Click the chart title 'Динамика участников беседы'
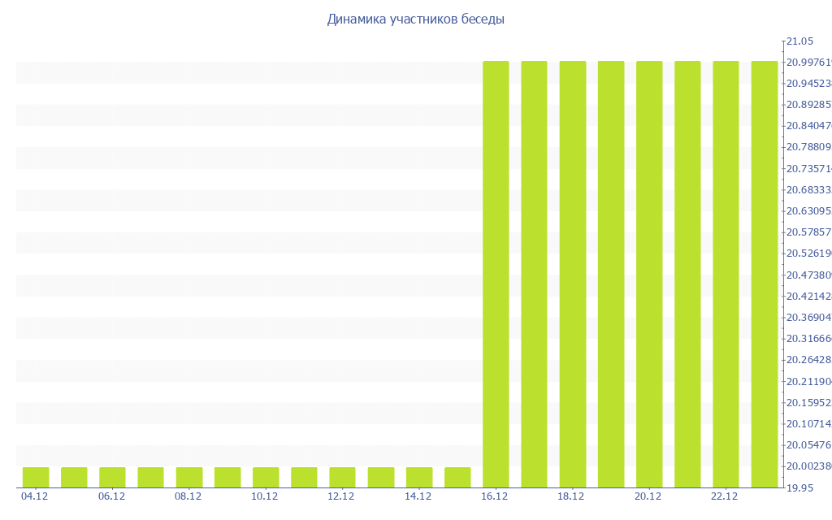tap(415, 19)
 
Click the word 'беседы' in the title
tap(479, 19)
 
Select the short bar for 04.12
tap(36, 477)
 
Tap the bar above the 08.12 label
tap(189, 477)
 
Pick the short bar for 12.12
tap(342, 477)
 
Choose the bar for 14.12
tap(419, 477)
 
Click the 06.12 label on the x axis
tap(111, 496)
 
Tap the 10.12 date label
tap(265, 496)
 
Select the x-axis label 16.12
tap(495, 496)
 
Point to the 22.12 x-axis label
tap(725, 496)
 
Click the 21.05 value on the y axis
tap(799, 41)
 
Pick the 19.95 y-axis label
tap(799, 487)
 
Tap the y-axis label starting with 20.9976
tap(808, 63)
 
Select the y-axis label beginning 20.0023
tap(808, 466)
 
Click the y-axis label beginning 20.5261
tap(808, 253)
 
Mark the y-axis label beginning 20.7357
tap(808, 169)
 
